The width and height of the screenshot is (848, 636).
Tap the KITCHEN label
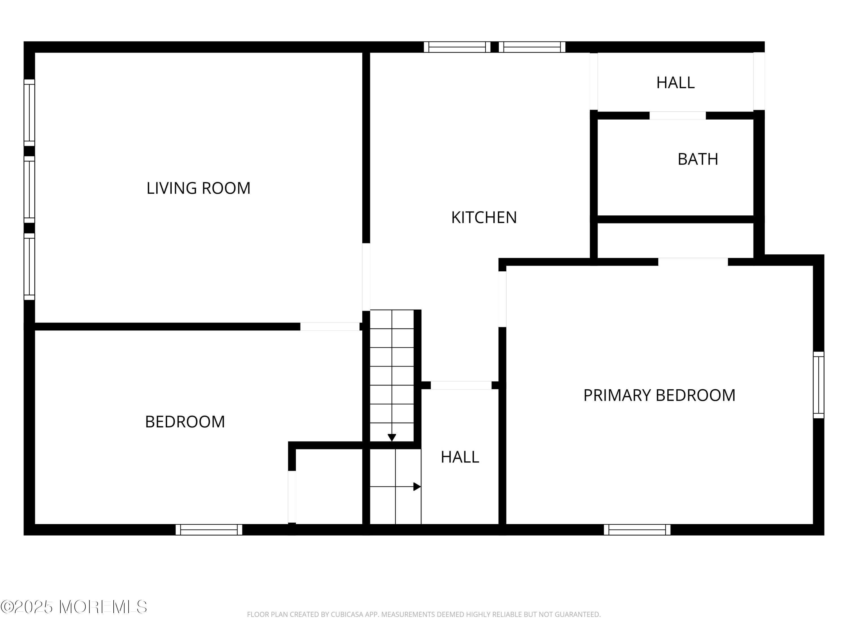pyautogui.click(x=484, y=218)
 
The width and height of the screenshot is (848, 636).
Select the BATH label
pyautogui.click(x=697, y=159)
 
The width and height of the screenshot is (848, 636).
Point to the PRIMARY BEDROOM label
pyautogui.click(x=659, y=395)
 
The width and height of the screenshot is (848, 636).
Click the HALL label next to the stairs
pyautogui.click(x=460, y=457)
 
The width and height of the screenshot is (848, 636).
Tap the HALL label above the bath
pyautogui.click(x=675, y=83)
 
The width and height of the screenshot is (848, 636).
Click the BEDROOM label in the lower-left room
pyautogui.click(x=185, y=422)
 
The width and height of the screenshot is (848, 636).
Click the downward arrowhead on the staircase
pyautogui.click(x=391, y=437)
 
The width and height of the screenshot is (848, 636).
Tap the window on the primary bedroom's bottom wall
pyautogui.click(x=637, y=529)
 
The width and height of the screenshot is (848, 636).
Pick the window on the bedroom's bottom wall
pyautogui.click(x=209, y=529)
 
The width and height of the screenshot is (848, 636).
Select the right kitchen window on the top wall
pyautogui.click(x=532, y=47)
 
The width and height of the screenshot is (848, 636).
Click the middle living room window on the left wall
pyautogui.click(x=29, y=189)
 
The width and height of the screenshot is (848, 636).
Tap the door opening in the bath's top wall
pyautogui.click(x=677, y=115)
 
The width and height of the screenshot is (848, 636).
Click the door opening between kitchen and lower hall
pyautogui.click(x=461, y=385)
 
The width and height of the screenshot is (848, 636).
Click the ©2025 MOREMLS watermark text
pyautogui.click(x=73, y=607)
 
